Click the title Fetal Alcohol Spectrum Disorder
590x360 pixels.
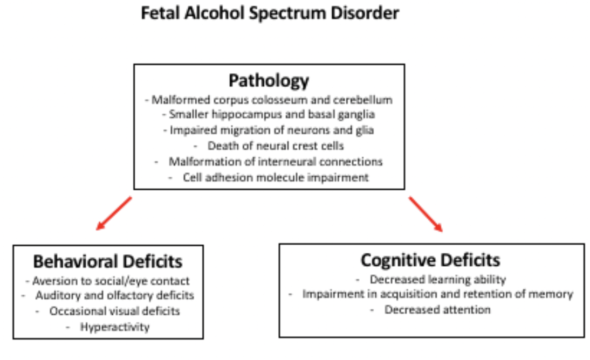270,13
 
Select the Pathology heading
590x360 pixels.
269,81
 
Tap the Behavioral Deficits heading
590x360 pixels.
108,262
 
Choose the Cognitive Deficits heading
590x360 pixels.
430,260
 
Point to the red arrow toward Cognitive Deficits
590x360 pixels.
426,214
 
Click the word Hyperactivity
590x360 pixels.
114,327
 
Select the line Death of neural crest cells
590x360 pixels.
276,145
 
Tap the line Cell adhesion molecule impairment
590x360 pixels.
276,177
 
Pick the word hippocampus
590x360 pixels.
234,114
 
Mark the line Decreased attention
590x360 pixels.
437,310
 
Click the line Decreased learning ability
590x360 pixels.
437,280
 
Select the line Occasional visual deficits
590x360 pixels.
114,311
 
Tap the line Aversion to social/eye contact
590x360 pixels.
111,281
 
